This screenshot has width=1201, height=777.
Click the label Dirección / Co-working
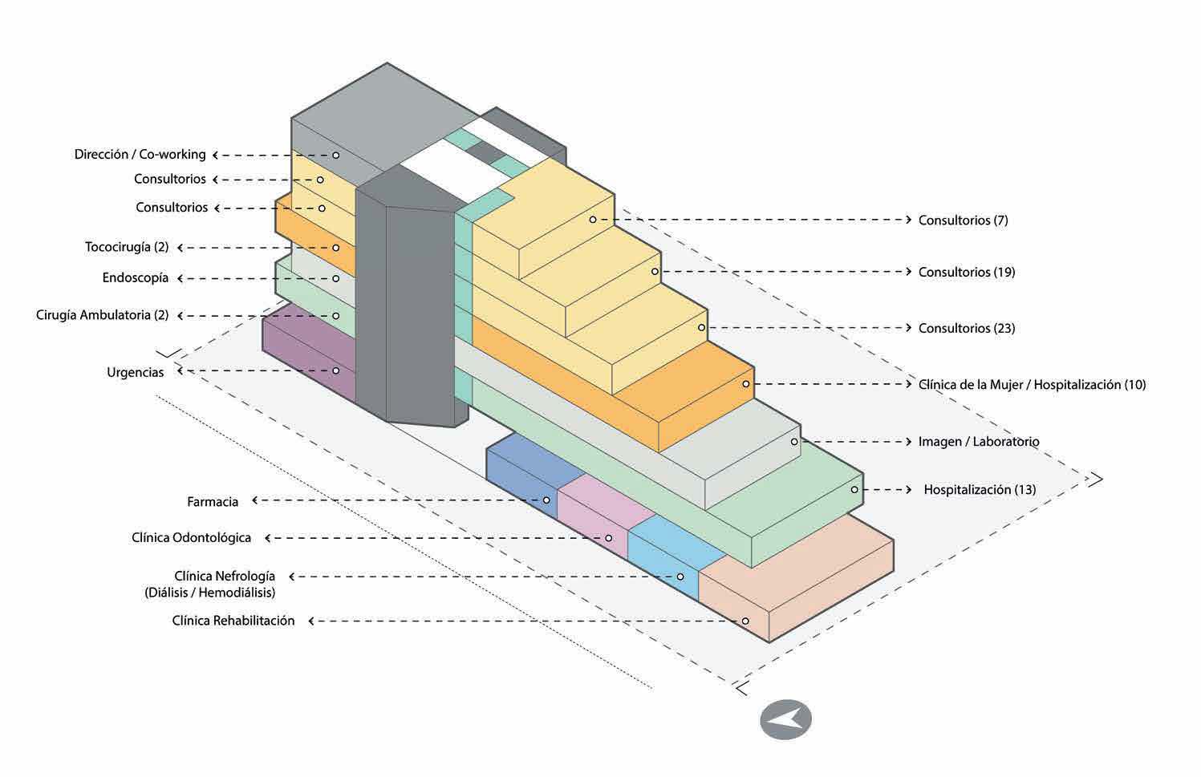[x=140, y=155]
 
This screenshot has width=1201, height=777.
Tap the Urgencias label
[x=135, y=373]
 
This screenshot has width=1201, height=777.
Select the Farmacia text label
[x=213, y=502]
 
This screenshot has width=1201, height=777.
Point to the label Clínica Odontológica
[x=191, y=538]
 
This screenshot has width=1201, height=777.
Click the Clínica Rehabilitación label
[x=233, y=621]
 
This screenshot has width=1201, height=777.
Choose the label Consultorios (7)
[x=963, y=221]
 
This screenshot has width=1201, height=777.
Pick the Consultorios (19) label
[x=966, y=273]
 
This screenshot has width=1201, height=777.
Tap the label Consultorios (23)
[x=966, y=329]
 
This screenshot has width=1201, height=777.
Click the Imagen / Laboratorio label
[x=979, y=442]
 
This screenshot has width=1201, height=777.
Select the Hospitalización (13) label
[x=980, y=490]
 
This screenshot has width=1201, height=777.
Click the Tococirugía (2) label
[x=127, y=248]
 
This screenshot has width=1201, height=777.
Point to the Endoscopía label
[x=136, y=278]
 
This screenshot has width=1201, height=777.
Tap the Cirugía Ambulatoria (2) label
[x=102, y=315]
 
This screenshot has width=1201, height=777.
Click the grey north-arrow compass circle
[x=785, y=719]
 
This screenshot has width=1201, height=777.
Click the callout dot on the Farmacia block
[x=546, y=500]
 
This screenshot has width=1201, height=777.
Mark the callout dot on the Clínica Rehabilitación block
[x=745, y=621]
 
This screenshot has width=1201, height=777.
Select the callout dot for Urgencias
[x=336, y=370]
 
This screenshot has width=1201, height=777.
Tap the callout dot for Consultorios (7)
[x=593, y=220]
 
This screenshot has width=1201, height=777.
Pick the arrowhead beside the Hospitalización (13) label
[x=908, y=489]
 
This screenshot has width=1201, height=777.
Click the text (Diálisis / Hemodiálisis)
[x=210, y=593]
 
